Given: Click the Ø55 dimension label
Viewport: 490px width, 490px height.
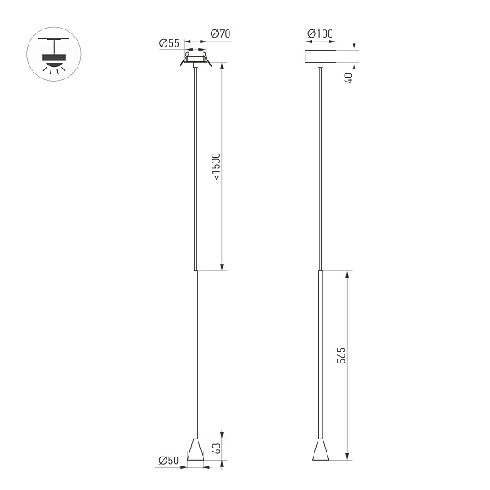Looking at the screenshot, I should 170,43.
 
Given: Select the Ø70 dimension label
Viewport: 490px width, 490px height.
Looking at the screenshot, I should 220,34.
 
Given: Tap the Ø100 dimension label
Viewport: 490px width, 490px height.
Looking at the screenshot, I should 319,33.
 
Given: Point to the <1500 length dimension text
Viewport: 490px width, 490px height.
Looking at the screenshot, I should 216,172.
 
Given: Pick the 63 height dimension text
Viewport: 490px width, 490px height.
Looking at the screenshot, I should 216,448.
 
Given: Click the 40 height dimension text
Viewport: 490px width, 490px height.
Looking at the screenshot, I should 350,78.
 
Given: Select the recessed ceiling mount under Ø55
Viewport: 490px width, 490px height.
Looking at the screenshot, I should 196,59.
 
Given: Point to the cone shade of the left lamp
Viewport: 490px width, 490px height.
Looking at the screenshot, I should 196,450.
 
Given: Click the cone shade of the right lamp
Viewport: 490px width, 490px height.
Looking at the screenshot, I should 319,450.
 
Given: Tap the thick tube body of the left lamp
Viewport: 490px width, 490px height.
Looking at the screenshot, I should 196,351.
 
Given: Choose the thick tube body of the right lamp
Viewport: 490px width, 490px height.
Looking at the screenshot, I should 319,351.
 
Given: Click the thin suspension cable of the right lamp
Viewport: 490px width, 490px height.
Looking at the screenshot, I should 319,163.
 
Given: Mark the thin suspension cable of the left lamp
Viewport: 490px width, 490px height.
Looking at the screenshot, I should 196,163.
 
